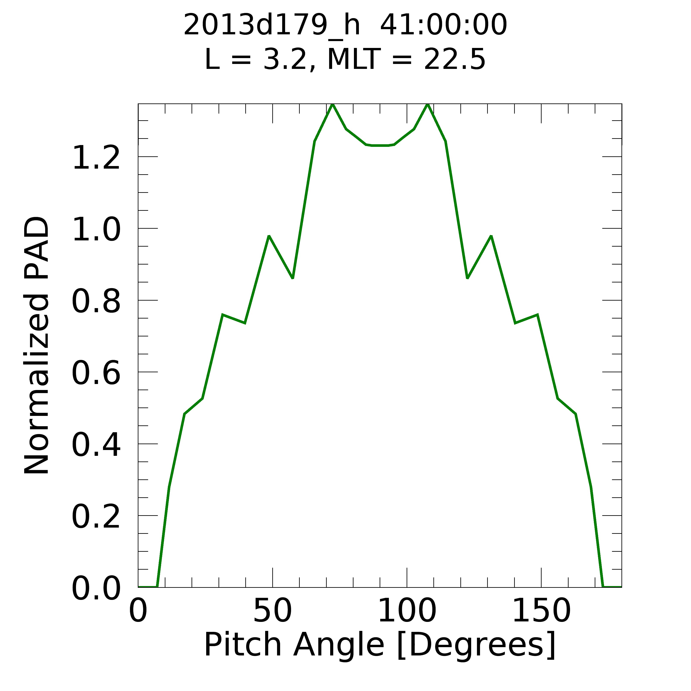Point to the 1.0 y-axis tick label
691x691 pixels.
(96, 230)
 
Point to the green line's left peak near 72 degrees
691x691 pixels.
(332, 105)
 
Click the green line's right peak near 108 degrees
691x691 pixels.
(427, 105)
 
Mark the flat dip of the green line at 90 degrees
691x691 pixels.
(380, 146)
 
